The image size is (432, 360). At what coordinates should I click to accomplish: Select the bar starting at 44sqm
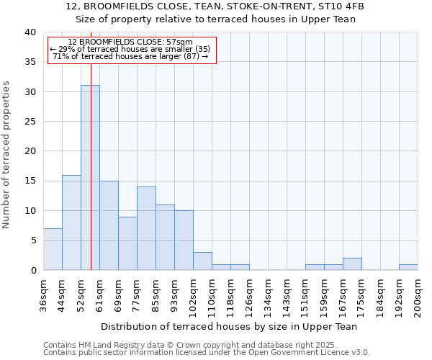pos(71,222)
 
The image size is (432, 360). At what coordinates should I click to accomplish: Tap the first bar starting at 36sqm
pos(53,249)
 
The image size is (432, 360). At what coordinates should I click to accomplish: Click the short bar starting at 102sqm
pos(202,261)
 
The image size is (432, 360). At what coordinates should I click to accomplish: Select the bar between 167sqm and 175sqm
pos(352,264)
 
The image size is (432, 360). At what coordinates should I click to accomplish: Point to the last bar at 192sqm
pos(408,267)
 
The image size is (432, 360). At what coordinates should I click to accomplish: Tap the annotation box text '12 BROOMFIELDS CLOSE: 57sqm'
pos(130,42)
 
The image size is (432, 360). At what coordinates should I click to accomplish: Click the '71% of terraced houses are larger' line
pos(130,56)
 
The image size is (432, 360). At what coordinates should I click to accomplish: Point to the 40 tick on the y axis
pos(30,32)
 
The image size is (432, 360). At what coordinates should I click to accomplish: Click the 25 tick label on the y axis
pos(30,122)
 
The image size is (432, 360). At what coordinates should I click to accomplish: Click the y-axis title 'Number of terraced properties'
pos(6,154)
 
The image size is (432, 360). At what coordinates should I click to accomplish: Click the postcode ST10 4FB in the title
pos(331,6)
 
